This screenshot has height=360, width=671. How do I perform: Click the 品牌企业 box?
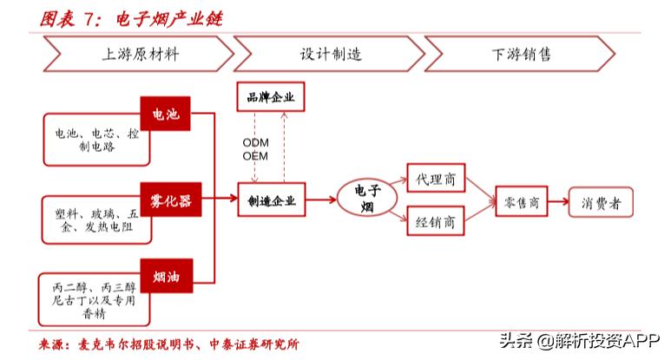click(272, 98)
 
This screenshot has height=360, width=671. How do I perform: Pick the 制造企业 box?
click(272, 201)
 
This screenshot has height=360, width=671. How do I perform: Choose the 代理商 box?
click(437, 180)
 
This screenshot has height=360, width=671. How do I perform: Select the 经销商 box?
click(437, 220)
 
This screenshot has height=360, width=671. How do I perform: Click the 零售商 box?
click(523, 202)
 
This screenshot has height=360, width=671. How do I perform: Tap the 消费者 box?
click(602, 202)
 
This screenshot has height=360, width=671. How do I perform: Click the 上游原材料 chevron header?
click(139, 54)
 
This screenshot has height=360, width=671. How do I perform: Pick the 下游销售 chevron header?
click(521, 54)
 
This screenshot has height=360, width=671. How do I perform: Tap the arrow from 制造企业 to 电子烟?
click(320, 201)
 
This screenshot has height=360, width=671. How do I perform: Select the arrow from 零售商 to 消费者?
click(559, 202)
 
